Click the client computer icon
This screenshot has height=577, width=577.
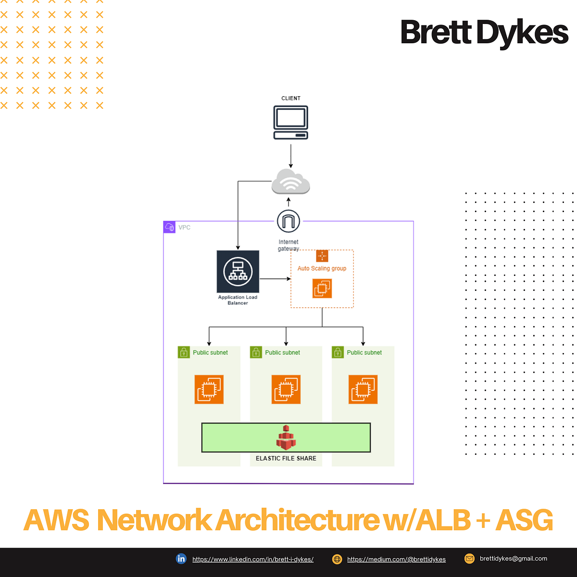pyautogui.click(x=290, y=123)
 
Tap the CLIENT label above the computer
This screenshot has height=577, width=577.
pyautogui.click(x=290, y=98)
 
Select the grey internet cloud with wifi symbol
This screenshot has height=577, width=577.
pyautogui.click(x=290, y=182)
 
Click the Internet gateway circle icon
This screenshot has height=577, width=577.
pyautogui.click(x=288, y=221)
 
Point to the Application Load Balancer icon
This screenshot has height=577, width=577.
pyautogui.click(x=238, y=272)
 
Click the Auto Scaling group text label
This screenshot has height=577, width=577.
pyautogui.click(x=322, y=268)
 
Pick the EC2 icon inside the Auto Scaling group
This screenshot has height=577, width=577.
pyautogui.click(x=322, y=288)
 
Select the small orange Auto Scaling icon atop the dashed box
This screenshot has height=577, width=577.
pyautogui.click(x=322, y=256)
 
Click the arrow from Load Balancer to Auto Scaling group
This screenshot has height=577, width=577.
pyautogui.click(x=275, y=279)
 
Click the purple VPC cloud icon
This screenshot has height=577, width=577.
pyautogui.click(x=170, y=227)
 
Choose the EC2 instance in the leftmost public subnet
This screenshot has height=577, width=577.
pyautogui.click(x=209, y=389)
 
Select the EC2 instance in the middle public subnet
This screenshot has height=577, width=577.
pyautogui.click(x=286, y=389)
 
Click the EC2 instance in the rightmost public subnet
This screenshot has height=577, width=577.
pyautogui.click(x=363, y=389)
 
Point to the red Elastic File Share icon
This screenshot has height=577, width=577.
pyautogui.click(x=286, y=438)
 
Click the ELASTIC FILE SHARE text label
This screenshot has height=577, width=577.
pyautogui.click(x=286, y=458)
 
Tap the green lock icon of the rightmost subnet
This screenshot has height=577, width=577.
pyautogui.click(x=338, y=352)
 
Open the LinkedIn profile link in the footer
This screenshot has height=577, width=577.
pyautogui.click(x=253, y=559)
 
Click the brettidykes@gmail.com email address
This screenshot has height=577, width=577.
pyautogui.click(x=513, y=559)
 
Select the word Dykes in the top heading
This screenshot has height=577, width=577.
pyautogui.click(x=522, y=33)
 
